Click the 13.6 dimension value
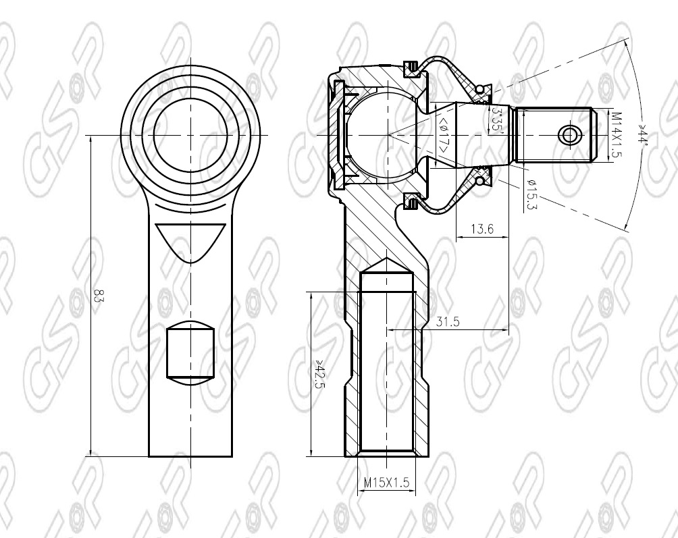point(481,230)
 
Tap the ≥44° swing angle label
point(642,138)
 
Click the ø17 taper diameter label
point(444,134)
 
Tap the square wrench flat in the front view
point(190,351)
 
